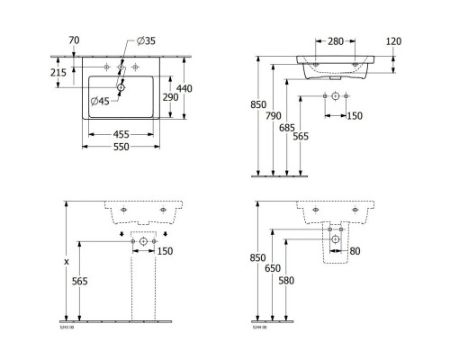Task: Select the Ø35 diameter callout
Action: click(147, 41)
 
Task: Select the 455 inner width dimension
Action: click(121, 136)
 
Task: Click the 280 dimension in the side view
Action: click(334, 41)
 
